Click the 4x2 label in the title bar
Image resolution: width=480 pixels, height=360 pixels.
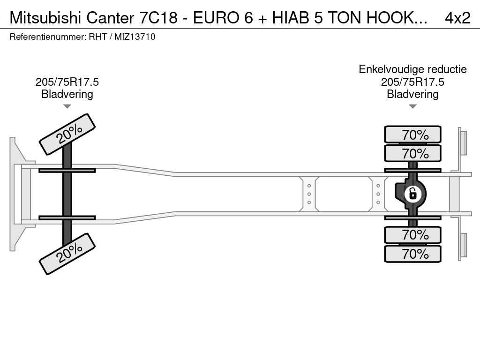click(x=457, y=17)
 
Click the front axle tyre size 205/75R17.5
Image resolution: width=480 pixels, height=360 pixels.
click(x=67, y=82)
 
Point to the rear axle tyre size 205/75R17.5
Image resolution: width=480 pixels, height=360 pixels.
click(x=412, y=82)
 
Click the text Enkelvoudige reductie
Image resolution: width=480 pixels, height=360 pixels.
click(x=412, y=69)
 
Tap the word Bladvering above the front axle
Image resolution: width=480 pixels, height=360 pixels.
click(x=67, y=94)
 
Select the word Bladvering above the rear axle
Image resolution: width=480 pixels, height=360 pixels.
click(x=412, y=94)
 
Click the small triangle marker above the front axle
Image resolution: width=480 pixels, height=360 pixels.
click(x=67, y=106)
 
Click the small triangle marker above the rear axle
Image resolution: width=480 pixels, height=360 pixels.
click(x=412, y=106)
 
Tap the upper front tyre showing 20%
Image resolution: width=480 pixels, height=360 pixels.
click(x=67, y=134)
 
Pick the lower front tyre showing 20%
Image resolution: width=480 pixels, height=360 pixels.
click(x=67, y=253)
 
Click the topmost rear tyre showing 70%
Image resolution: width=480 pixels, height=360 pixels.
click(x=412, y=135)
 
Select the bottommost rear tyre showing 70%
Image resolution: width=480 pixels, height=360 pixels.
click(x=412, y=254)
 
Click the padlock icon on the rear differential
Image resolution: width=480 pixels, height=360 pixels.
click(x=412, y=193)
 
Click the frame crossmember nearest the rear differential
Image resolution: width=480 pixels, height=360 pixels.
click(x=378, y=194)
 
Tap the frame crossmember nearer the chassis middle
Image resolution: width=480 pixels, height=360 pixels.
click(x=309, y=194)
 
